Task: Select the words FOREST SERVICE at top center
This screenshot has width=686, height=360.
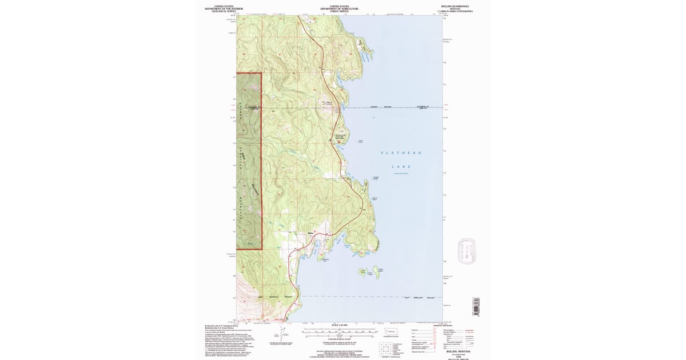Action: pos(339,11)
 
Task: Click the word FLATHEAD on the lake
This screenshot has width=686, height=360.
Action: pos(401,153)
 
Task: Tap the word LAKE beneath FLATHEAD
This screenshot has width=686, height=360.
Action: pos(401,167)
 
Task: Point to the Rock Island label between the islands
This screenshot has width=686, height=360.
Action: pos(370,274)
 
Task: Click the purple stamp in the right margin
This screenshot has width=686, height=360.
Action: pos(468,250)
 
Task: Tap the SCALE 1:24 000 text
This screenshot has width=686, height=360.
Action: pos(339,325)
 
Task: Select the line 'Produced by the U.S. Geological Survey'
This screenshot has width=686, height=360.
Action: pos(224,326)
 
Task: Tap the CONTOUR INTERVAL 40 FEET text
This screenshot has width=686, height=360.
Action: pos(339,339)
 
